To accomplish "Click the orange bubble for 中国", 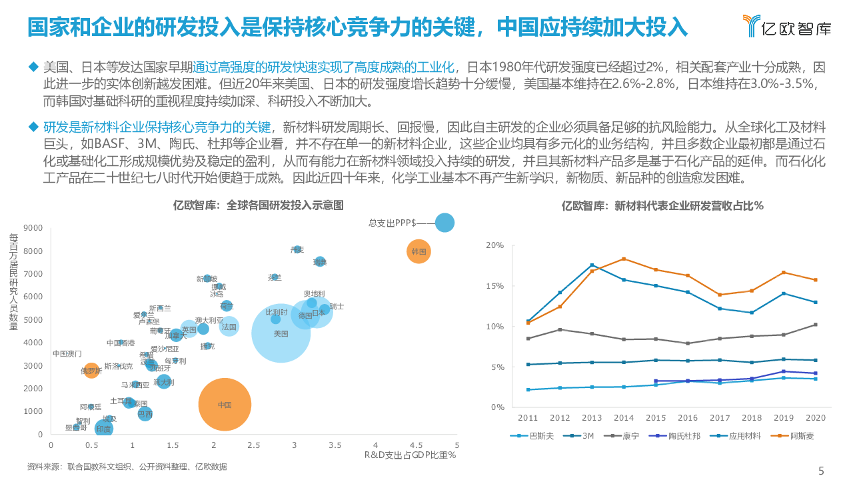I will pyautogui.click(x=225, y=404).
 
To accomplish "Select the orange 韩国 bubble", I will pyautogui.click(x=419, y=251).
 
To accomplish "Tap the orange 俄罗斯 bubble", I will pyautogui.click(x=91, y=370).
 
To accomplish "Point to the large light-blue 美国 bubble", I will pyautogui.click(x=281, y=333).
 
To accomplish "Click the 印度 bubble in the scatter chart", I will pyautogui.click(x=103, y=429).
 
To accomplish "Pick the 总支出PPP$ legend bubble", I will pyautogui.click(x=444, y=223).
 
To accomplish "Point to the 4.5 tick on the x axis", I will pyautogui.click(x=417, y=445).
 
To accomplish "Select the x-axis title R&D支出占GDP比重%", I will pyautogui.click(x=409, y=455).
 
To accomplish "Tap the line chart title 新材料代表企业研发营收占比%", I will pyautogui.click(x=662, y=206).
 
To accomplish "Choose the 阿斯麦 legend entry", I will pyautogui.click(x=799, y=436).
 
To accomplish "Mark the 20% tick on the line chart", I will pyautogui.click(x=495, y=245).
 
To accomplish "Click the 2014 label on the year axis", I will pyautogui.click(x=624, y=418).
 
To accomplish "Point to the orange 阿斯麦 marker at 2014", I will pyautogui.click(x=624, y=259).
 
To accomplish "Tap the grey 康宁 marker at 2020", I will pyautogui.click(x=814, y=325).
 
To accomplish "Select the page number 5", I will pyautogui.click(x=821, y=471).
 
